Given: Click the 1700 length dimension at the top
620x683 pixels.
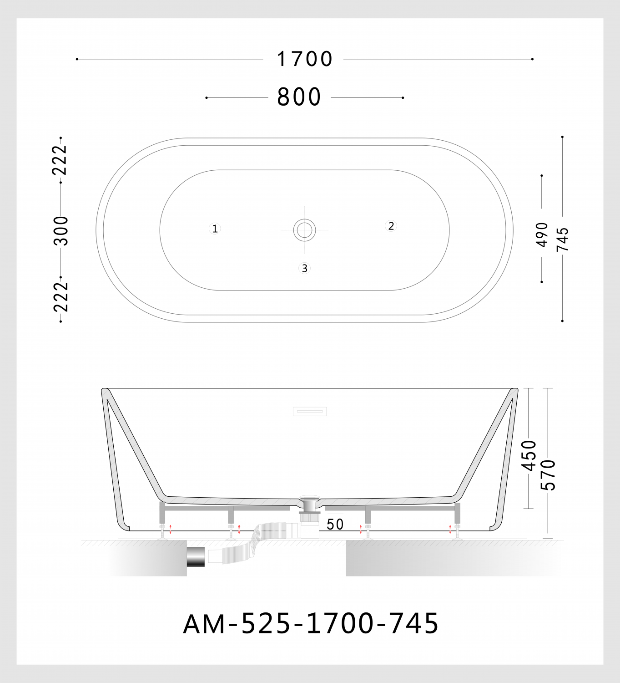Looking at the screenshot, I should point(305,59).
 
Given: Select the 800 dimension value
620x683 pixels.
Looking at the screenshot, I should point(299,97).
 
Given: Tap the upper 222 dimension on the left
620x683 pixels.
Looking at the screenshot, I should point(60,160).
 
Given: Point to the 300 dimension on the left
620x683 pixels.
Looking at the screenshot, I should point(60,230).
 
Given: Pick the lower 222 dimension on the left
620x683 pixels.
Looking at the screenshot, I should point(60,297).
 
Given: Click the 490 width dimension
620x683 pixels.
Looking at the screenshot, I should point(542,234).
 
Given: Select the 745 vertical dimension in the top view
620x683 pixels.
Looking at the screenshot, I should point(563,239).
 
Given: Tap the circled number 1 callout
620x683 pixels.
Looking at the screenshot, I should point(215,229).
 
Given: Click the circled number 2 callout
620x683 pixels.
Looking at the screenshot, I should point(391,226).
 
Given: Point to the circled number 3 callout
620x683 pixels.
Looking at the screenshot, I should point(304,269).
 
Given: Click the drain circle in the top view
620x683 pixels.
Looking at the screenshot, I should point(304,230).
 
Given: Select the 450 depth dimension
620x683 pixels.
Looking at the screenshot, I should point(529,455).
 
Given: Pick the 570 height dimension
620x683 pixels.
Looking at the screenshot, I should point(548,475).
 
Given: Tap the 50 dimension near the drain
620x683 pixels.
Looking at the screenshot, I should point(335,525).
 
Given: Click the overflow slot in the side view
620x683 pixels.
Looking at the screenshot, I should point(310,411).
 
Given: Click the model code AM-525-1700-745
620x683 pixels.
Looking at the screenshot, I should point(311,623).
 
